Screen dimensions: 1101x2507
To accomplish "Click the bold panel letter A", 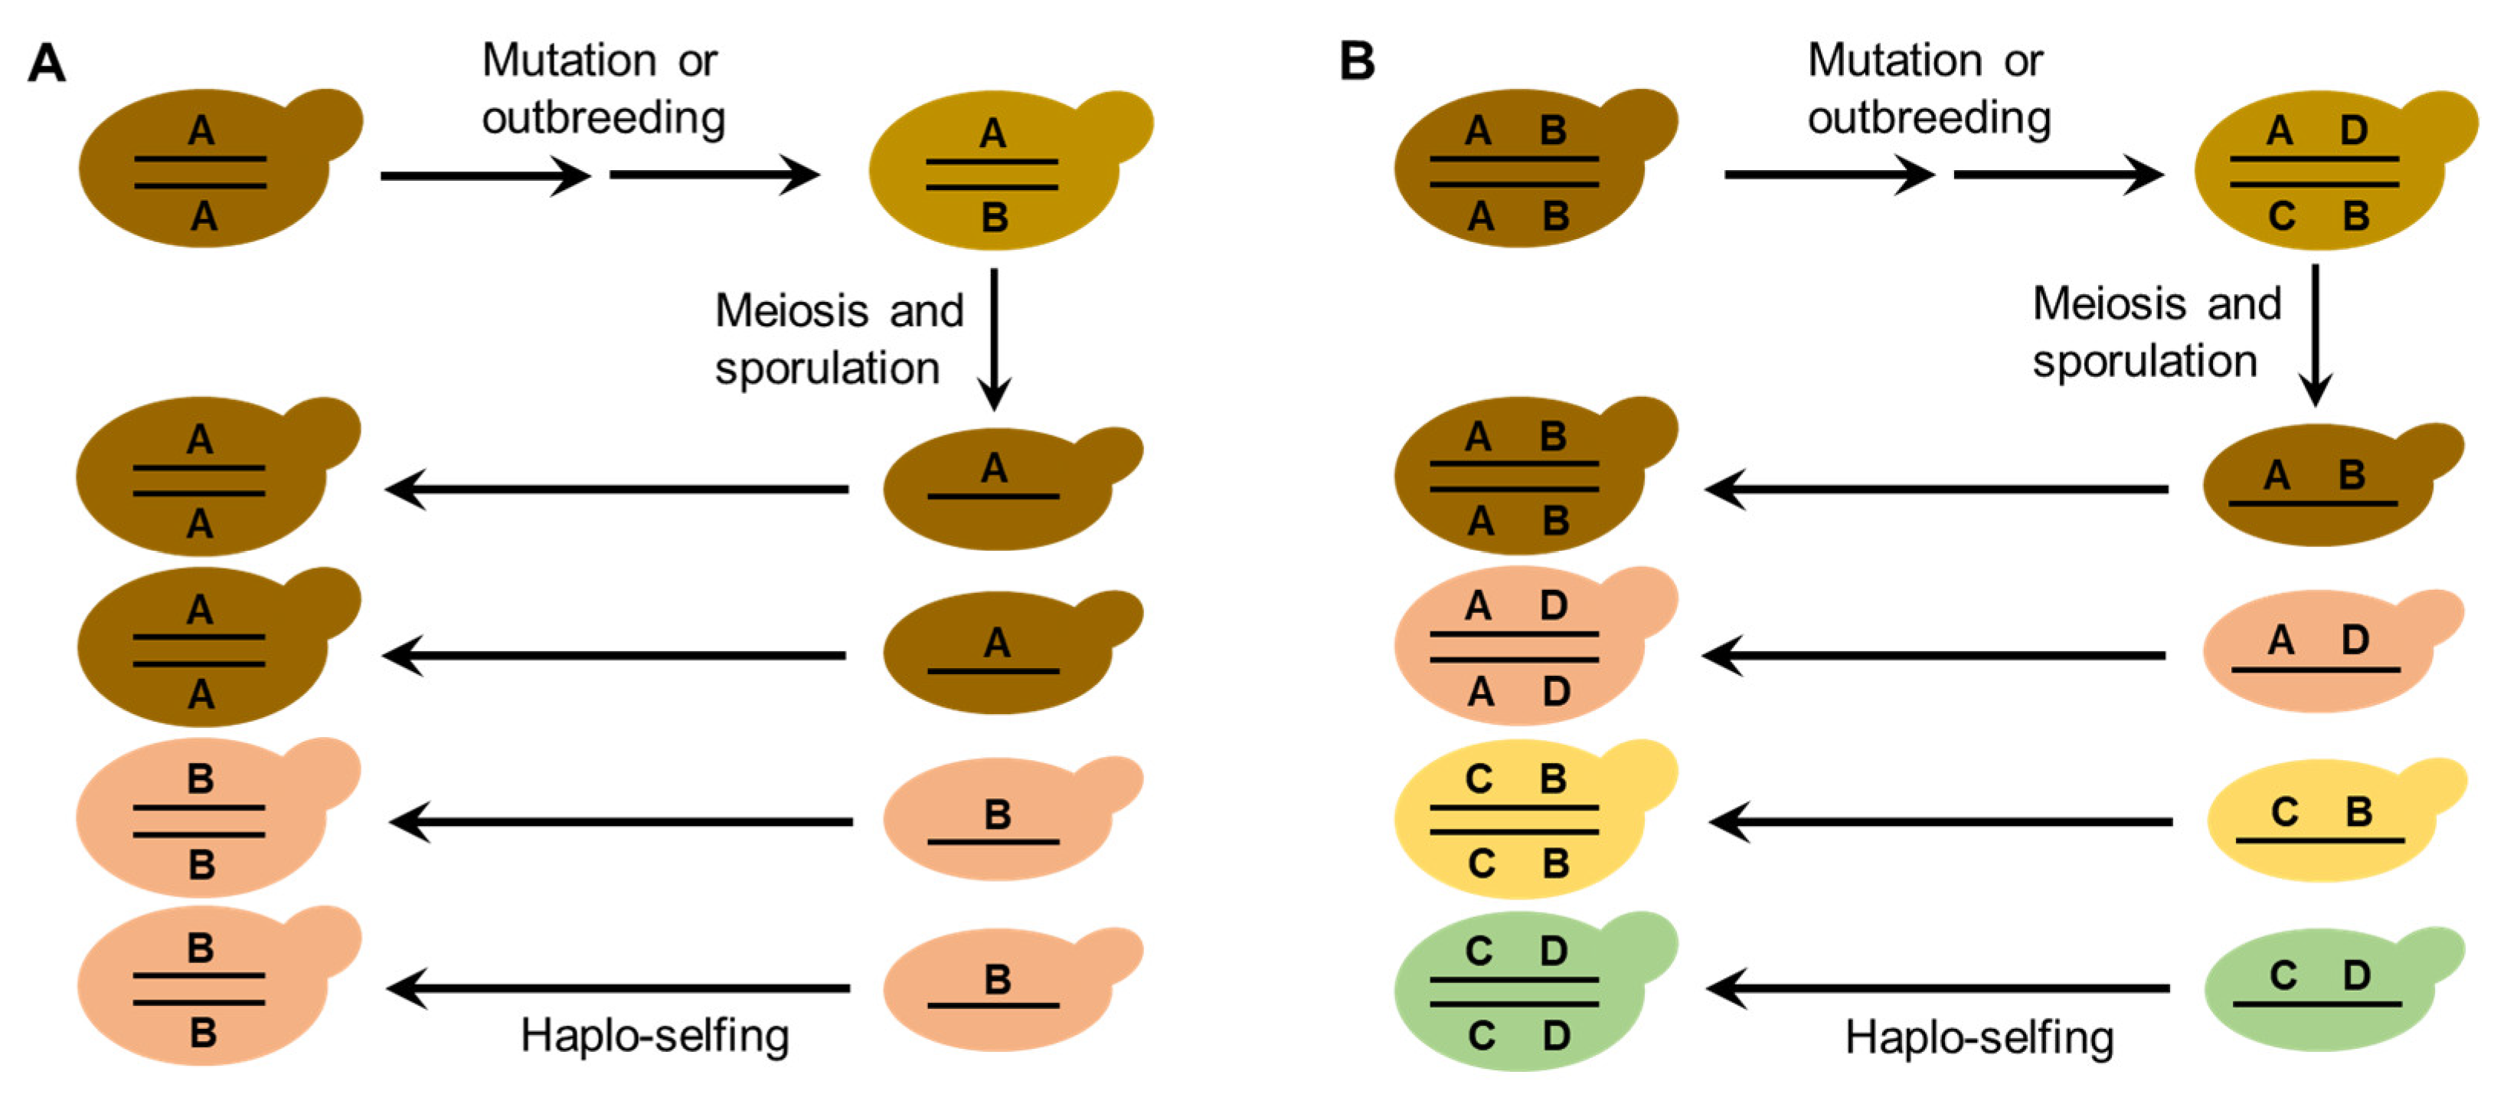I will pyautogui.click(x=47, y=64).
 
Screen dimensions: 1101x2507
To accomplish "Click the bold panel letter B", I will pyautogui.click(x=1357, y=61).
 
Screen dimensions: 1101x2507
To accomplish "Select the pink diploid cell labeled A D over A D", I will pyautogui.click(x=1518, y=648).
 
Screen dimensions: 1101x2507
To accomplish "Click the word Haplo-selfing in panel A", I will pyautogui.click(x=654, y=1036).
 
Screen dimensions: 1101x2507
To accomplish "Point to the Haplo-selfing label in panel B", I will pyautogui.click(x=1979, y=1037).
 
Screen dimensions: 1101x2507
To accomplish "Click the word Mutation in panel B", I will pyautogui.click(x=1894, y=61).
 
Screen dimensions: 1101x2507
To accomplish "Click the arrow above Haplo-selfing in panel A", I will pyautogui.click(x=619, y=988).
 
